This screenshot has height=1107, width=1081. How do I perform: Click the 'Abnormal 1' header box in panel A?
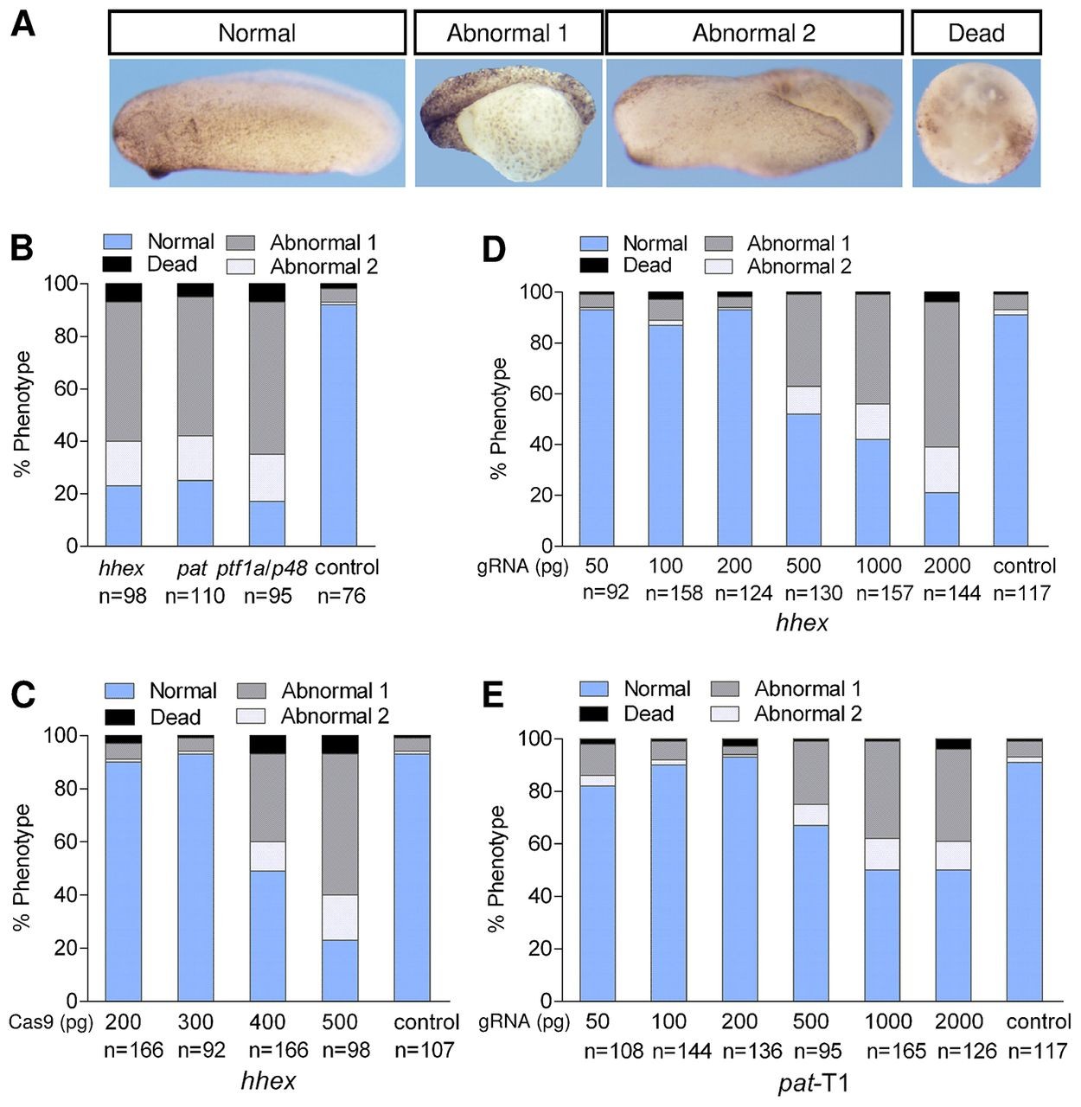pyautogui.click(x=508, y=33)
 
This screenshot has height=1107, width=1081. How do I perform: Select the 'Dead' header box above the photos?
pyautogui.click(x=975, y=33)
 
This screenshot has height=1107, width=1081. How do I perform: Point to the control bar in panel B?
pyautogui.click(x=338, y=415)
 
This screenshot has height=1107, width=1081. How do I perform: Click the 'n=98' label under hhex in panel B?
pyautogui.click(x=123, y=596)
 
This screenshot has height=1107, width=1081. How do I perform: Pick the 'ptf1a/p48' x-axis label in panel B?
pyautogui.click(x=267, y=567)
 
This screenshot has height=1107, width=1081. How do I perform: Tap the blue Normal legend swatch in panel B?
pyautogui.click(x=118, y=242)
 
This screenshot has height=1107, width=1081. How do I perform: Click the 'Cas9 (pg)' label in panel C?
pyautogui.click(x=50, y=1021)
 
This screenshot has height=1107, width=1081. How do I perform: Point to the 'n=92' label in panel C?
pyautogui.click(x=201, y=1050)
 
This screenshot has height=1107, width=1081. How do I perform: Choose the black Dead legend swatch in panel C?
pyautogui.click(x=119, y=717)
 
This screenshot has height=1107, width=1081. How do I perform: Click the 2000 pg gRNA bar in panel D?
pyautogui.click(x=942, y=419)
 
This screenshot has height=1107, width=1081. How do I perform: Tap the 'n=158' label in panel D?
pyautogui.click(x=666, y=593)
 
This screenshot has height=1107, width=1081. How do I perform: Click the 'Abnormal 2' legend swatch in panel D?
pyautogui.click(x=719, y=266)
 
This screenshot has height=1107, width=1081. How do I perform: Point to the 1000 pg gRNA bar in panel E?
pyautogui.click(x=882, y=869)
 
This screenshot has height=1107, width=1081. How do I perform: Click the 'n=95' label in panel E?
pyautogui.click(x=810, y=1051)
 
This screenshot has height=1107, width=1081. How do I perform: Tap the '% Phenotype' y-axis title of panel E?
pyautogui.click(x=496, y=868)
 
